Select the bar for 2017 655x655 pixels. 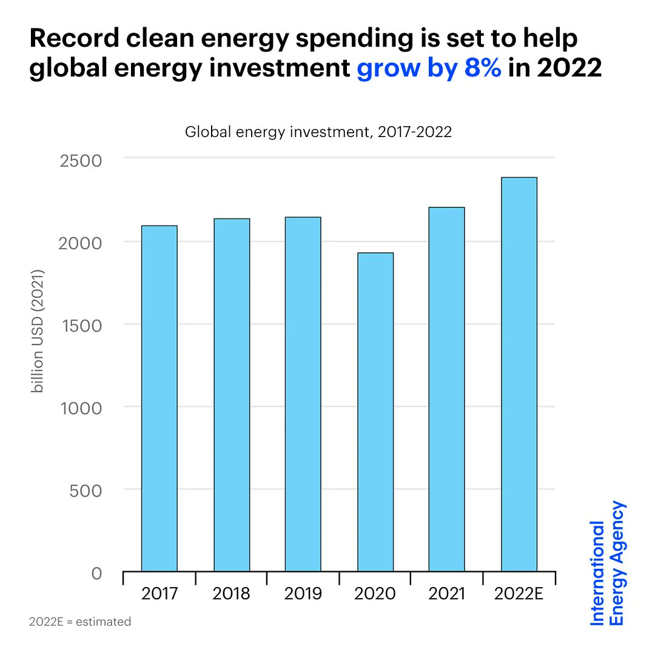tap(159, 398)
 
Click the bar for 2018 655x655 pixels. tap(231, 395)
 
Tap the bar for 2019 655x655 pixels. tap(303, 394)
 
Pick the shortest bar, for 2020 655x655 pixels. tap(375, 412)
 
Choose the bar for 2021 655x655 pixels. tap(447, 389)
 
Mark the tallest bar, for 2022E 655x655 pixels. tap(519, 374)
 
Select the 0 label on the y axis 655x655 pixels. tap(96, 573)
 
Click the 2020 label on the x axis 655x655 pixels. tap(375, 593)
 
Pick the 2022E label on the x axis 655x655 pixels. tap(519, 593)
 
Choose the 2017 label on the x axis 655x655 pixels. tap(159, 593)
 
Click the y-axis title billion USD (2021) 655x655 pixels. tap(38, 331)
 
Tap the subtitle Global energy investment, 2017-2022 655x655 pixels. tap(318, 132)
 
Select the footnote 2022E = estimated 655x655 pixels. tap(79, 622)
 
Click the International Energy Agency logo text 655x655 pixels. tap(607, 563)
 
